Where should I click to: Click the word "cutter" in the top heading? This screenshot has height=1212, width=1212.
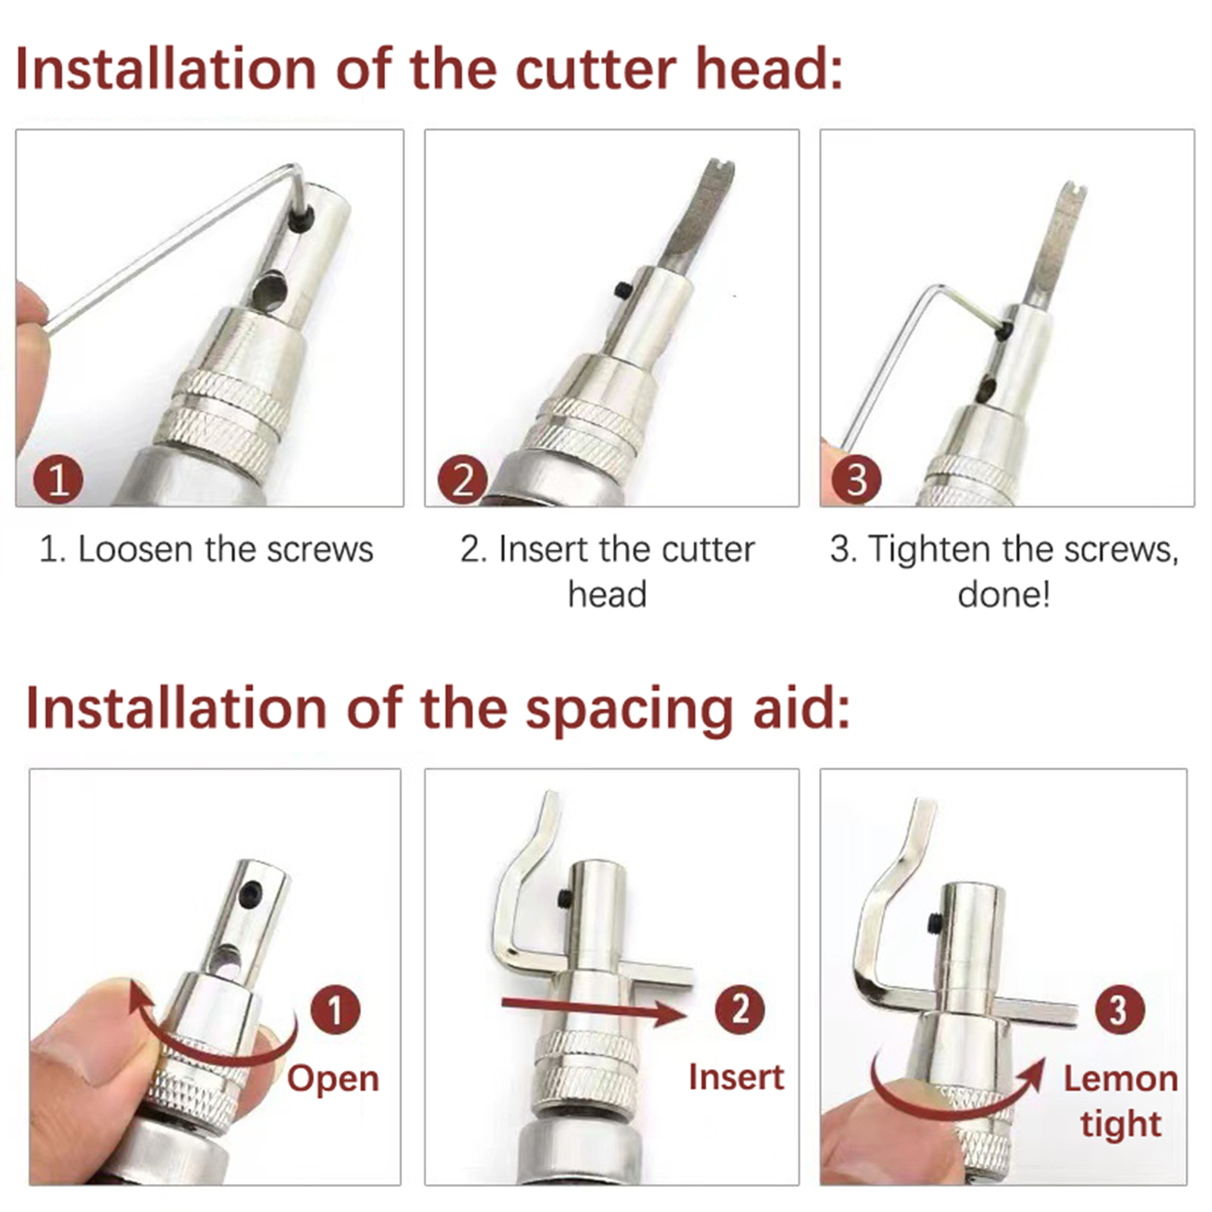(595, 69)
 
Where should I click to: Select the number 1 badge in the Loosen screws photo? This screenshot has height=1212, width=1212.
(58, 479)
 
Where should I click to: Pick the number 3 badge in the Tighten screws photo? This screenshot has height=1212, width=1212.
(857, 479)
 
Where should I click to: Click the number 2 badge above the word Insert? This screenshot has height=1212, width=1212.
(739, 1010)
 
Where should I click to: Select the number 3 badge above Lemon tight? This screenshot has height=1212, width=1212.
(1120, 1010)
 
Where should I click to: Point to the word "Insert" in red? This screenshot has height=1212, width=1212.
(736, 1077)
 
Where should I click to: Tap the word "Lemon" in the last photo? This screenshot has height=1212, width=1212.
(1120, 1079)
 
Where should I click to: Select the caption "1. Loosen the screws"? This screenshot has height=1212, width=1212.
(206, 549)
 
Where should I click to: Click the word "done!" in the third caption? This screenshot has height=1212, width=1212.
(1004, 595)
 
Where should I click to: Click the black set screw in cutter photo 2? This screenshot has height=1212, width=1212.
(623, 290)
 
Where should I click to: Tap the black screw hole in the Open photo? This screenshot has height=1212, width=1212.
(251, 894)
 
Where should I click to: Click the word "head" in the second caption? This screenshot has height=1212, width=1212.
(607, 595)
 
